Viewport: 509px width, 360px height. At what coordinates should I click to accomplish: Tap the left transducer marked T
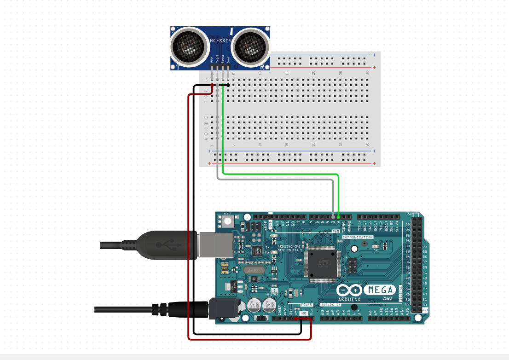188,46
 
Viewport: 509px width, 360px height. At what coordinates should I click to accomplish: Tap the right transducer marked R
251,46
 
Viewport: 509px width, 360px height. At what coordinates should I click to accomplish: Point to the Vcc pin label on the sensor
212,59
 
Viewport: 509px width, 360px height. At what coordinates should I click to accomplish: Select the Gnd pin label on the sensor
228,59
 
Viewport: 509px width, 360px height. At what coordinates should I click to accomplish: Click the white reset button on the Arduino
227,221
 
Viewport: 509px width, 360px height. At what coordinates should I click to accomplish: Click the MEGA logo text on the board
380,290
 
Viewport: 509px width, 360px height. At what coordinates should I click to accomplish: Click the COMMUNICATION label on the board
358,237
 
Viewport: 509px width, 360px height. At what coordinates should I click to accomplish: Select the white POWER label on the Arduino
307,305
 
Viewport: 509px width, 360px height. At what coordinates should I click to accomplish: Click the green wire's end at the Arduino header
339,216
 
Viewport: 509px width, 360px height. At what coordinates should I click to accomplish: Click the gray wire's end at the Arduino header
333,216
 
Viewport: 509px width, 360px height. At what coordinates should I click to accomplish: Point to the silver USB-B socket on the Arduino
215,244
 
